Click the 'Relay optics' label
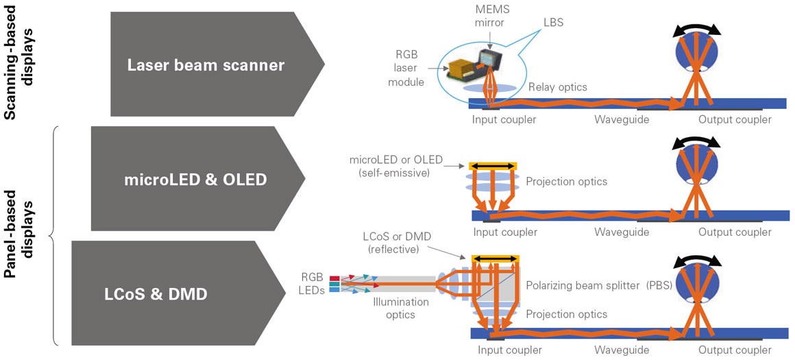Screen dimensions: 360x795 click(x=558, y=87)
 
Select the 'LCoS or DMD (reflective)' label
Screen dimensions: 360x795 click(x=393, y=242)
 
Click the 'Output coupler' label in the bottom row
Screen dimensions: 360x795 click(x=735, y=350)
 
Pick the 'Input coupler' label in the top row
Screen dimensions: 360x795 click(x=504, y=119)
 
